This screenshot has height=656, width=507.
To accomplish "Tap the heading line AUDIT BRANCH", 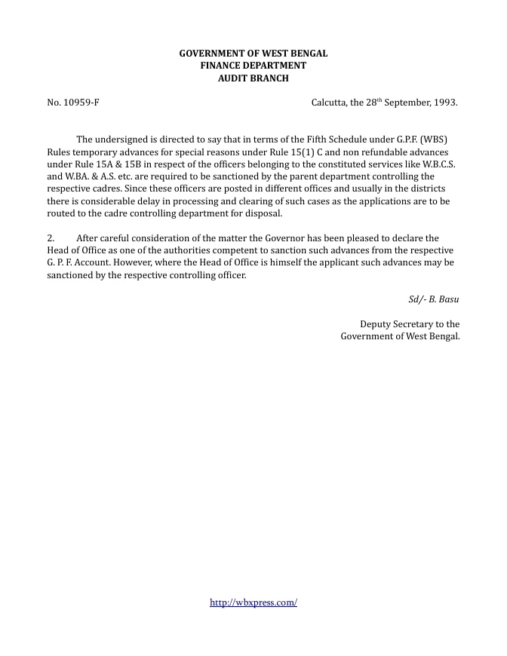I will (253, 78).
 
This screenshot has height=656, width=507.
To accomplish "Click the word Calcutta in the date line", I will (329, 102).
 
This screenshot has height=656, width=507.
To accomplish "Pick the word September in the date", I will (407, 102).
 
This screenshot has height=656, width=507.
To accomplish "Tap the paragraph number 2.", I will (51, 238).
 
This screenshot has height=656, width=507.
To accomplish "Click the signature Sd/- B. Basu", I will (434, 299).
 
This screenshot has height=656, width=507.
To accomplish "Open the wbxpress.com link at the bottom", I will (253, 602).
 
